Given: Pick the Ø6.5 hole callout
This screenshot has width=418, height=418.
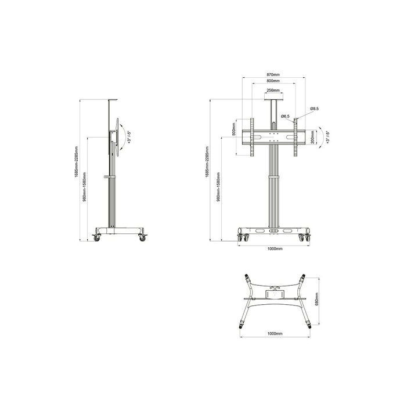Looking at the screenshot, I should tap(285, 117).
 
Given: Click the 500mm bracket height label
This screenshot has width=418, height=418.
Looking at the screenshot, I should tap(233, 129).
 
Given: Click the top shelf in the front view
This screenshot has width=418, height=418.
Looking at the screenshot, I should tap(273, 99).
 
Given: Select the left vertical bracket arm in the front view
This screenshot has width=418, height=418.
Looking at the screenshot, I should tap(252, 138).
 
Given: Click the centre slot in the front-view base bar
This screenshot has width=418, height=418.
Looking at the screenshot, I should tap(273, 230).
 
